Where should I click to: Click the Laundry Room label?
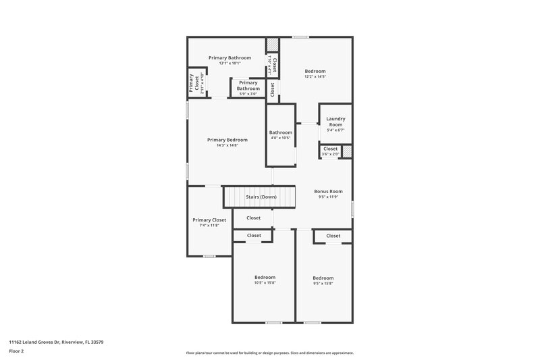[x=335, y=122]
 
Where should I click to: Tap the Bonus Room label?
[x=329, y=191]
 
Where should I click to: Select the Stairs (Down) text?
[x=261, y=197]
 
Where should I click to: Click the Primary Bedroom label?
[x=227, y=139]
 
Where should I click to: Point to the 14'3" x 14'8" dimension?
[x=227, y=145]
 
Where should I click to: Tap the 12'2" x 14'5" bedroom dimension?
[x=315, y=77]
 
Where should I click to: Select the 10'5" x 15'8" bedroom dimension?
[x=265, y=282]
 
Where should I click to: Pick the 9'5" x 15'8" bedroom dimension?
[x=323, y=283]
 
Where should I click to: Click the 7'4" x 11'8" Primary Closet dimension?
[x=209, y=225]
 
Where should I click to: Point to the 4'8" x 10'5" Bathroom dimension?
[x=281, y=138]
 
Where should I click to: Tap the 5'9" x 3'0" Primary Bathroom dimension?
[x=248, y=94]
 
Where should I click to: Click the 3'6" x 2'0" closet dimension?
[x=330, y=155]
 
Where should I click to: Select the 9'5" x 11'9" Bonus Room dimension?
[x=329, y=197]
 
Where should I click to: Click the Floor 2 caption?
[x=17, y=351]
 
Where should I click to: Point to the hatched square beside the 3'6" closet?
[x=347, y=152]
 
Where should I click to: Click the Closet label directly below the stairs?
[x=254, y=217]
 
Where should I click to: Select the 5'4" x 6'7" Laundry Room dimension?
[x=335, y=130]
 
